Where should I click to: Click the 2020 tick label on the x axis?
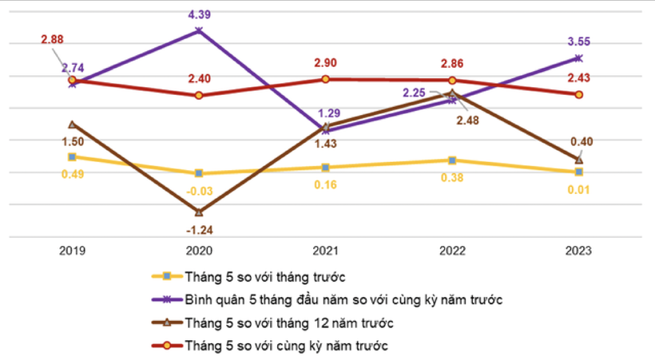pyautogui.click(x=199, y=251)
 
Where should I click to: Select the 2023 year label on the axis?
pyautogui.click(x=578, y=251)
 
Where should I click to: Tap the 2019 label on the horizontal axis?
pyautogui.click(x=72, y=251)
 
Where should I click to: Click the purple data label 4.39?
pyautogui.click(x=199, y=14)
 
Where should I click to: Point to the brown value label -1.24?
pyautogui.click(x=199, y=230)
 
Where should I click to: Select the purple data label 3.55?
pyautogui.click(x=578, y=41)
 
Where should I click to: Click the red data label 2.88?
pyautogui.click(x=53, y=38)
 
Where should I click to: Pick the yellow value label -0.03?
pyautogui.click(x=199, y=189)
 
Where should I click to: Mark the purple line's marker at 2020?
pyautogui.click(x=199, y=30)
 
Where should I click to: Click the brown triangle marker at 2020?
pyautogui.click(x=199, y=212)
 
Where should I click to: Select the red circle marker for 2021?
pyautogui.click(x=325, y=79)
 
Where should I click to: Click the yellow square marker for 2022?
pyautogui.click(x=452, y=160)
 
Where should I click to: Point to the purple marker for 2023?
pyautogui.click(x=579, y=58)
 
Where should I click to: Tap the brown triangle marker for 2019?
pyautogui.click(x=72, y=125)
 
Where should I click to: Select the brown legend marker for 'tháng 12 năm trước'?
pyautogui.click(x=167, y=322)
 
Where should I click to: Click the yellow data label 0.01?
pyautogui.click(x=578, y=189)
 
